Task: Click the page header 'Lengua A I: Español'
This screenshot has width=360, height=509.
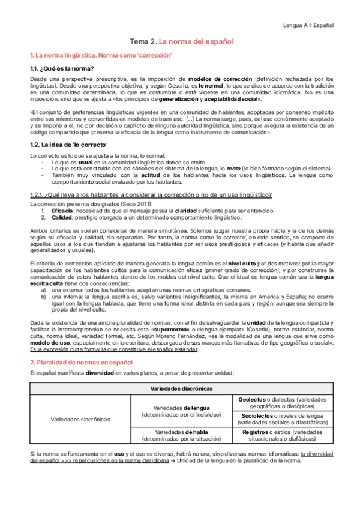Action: [308, 26]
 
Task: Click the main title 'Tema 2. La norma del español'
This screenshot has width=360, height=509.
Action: [182, 42]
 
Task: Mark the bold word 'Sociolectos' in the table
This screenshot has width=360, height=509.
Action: [256, 415]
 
